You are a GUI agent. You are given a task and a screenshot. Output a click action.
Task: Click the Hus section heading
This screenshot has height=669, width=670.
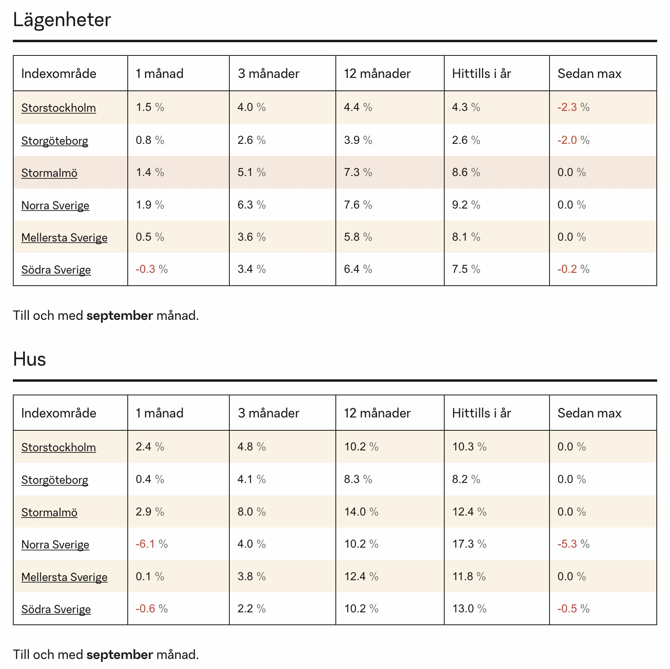pyautogui.click(x=29, y=359)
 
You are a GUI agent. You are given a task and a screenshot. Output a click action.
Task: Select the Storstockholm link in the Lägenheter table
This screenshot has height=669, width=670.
pyautogui.click(x=59, y=108)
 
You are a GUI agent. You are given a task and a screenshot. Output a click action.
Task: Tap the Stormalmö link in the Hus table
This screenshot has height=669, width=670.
pyautogui.click(x=49, y=512)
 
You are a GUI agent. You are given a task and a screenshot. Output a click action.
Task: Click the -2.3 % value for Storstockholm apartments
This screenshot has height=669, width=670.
pyautogui.click(x=573, y=107)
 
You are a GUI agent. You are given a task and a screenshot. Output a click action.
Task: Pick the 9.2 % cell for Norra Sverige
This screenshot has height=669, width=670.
pyautogui.click(x=466, y=205)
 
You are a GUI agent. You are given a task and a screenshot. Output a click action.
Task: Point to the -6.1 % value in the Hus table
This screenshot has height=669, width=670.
pyautogui.click(x=151, y=544)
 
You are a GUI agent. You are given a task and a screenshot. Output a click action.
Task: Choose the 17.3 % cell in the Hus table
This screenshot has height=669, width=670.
pyautogui.click(x=469, y=544)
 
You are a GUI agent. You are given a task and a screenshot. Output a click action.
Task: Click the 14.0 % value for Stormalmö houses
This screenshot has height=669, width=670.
pyautogui.click(x=361, y=511)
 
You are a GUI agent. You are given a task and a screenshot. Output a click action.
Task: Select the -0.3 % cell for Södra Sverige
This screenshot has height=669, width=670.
pyautogui.click(x=151, y=269)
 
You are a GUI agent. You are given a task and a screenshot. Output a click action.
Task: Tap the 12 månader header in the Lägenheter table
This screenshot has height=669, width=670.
pyautogui.click(x=377, y=74)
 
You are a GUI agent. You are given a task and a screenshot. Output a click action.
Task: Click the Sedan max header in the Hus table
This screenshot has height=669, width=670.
pyautogui.click(x=589, y=413)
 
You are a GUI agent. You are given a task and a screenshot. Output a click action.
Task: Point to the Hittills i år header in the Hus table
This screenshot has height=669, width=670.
pyautogui.click(x=481, y=413)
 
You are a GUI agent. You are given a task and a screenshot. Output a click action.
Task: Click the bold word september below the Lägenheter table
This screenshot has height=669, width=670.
pyautogui.click(x=120, y=316)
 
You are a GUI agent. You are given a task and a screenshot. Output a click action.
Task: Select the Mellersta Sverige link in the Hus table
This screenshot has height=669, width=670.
pyautogui.click(x=64, y=577)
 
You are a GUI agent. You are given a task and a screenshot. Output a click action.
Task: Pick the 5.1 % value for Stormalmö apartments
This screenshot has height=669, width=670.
pyautogui.click(x=251, y=172)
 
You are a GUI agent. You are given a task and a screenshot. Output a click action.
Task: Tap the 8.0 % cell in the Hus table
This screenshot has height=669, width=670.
pyautogui.click(x=251, y=511)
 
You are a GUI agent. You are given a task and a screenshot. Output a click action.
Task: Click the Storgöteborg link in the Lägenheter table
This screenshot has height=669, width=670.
pyautogui.click(x=55, y=141)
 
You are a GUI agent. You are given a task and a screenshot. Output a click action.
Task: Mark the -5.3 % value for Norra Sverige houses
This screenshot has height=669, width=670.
pyautogui.click(x=573, y=544)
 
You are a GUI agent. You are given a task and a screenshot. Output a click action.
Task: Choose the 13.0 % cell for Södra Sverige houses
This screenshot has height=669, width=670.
pyautogui.click(x=469, y=609)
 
